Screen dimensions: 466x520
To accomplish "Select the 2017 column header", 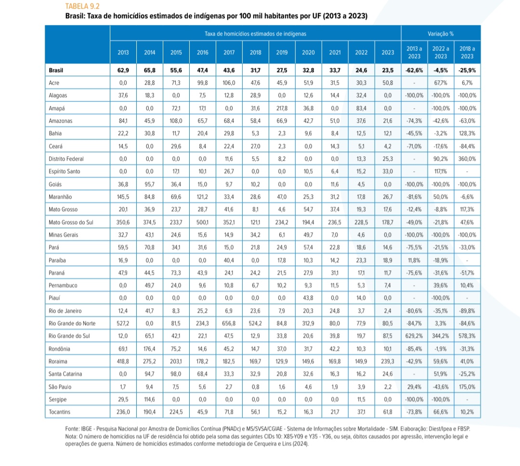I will tap(229, 52).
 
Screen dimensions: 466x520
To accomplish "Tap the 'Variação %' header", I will tap(440, 34).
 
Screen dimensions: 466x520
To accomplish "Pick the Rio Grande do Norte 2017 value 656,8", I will tap(229, 323).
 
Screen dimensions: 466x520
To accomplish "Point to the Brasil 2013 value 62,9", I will tap(123, 70).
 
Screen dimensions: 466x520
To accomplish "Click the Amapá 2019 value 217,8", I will tap(282, 108).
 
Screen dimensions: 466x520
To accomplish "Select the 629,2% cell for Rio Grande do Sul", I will tap(414, 336).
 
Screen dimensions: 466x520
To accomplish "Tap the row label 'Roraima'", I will tap(58, 361).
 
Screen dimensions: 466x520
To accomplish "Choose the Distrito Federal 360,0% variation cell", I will tap(467, 159).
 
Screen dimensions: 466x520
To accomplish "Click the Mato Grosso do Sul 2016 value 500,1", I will tap(203, 222).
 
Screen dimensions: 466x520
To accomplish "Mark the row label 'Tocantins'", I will tap(60, 412).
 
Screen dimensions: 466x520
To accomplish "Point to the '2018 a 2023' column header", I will tap(467, 52).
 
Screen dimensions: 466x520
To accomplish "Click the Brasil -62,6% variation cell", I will tap(414, 70).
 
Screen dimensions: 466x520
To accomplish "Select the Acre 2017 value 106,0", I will tap(229, 83).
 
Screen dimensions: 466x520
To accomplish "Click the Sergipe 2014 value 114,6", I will tap(150, 399).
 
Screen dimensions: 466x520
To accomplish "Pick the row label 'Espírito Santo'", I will tap(65, 171).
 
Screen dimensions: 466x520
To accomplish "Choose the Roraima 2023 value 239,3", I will tap(388, 361).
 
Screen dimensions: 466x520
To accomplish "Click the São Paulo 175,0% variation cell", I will tap(467, 386).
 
